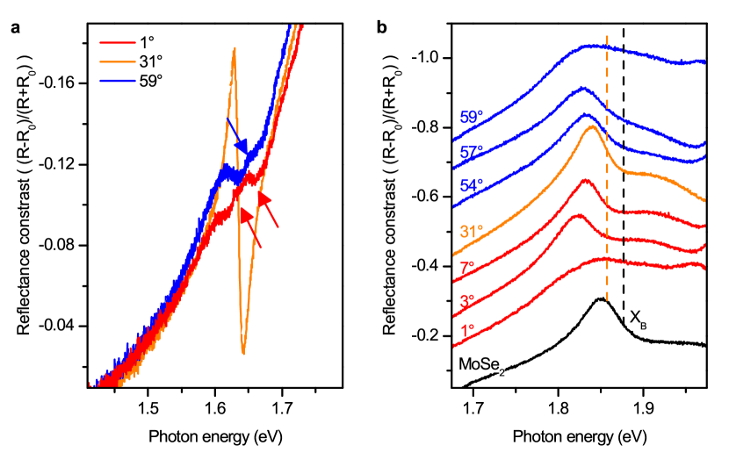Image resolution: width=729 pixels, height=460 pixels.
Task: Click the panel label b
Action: click(x=381, y=28)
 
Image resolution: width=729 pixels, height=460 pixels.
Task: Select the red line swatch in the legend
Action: click(x=118, y=42)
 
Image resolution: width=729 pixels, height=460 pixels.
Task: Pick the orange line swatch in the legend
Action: click(x=118, y=61)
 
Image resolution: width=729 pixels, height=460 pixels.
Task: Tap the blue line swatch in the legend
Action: click(x=118, y=80)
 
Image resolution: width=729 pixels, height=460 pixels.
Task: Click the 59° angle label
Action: click(x=472, y=118)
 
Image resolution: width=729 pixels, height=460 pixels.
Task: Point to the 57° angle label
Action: click(x=472, y=152)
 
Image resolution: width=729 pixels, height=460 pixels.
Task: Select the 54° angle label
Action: click(x=472, y=186)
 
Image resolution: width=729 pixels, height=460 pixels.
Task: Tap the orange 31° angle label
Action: click(x=472, y=233)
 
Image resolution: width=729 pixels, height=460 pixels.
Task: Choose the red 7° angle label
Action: click(x=467, y=266)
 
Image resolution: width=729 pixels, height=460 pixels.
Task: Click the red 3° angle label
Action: click(x=467, y=299)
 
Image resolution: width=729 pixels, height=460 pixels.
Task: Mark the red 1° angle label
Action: click(x=467, y=331)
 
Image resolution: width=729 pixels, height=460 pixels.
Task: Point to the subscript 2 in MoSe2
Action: click(x=502, y=372)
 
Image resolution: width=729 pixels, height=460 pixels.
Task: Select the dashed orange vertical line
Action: click(x=607, y=176)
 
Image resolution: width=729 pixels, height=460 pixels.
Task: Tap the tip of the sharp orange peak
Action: click(x=235, y=48)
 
